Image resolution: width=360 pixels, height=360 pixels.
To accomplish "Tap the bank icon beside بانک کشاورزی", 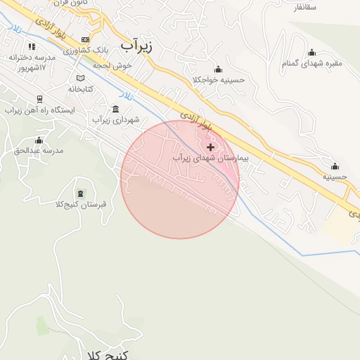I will pyautogui.click(x=86, y=40).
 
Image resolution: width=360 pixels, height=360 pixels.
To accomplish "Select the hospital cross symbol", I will pyautogui.click(x=210, y=147).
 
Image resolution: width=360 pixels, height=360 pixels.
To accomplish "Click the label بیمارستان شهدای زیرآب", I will pyautogui.click(x=211, y=159).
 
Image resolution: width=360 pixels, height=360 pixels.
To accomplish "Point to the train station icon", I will pyautogui.click(x=39, y=99).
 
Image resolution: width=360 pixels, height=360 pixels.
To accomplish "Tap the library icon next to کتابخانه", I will pyautogui.click(x=81, y=78).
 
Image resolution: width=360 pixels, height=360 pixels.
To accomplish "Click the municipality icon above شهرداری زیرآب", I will pyautogui.click(x=115, y=109).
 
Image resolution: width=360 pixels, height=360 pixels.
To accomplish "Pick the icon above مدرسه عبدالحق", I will pyautogui.click(x=39, y=140).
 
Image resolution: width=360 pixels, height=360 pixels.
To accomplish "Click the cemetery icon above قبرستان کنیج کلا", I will pyautogui.click(x=79, y=193).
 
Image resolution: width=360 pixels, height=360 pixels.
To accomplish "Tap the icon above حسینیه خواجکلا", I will pyautogui.click(x=219, y=69).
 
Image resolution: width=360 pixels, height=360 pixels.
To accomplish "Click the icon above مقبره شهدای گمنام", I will pyautogui.click(x=311, y=53).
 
